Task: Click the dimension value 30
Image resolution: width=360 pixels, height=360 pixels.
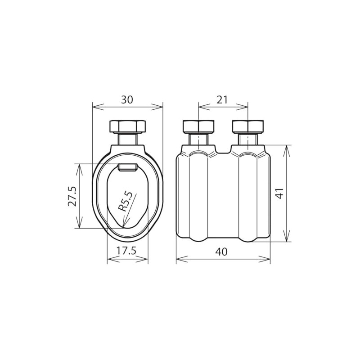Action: point(127,100)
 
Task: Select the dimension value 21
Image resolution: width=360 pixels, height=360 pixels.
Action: point(222,100)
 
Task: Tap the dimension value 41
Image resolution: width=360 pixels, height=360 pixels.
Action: point(280,193)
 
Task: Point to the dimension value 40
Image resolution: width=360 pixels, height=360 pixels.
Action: point(221,252)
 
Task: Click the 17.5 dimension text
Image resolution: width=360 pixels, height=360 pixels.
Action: point(126,251)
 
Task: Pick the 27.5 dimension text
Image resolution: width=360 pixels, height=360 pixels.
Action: point(72,196)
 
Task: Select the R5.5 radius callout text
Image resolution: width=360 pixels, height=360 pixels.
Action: point(125,202)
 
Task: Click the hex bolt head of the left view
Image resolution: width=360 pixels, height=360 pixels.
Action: point(128,126)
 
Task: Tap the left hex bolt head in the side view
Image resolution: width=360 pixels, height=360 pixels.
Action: point(198,126)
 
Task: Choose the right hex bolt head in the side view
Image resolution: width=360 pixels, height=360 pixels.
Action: point(248,126)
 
